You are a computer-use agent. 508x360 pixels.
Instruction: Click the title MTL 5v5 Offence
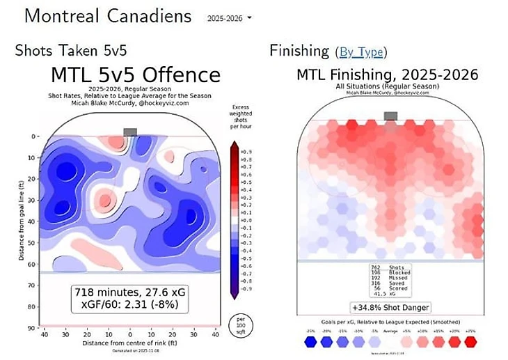tap(136, 75)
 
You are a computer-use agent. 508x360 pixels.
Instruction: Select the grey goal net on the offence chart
tap(130, 132)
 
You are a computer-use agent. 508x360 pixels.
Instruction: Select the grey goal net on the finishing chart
tap(390, 116)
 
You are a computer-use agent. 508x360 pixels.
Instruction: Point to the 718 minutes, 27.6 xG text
tap(131, 293)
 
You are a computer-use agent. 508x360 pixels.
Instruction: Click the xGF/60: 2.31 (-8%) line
tap(131, 305)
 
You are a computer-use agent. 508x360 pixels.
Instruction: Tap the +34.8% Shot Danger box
tap(390, 307)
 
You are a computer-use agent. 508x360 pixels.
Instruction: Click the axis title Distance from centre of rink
tap(130, 343)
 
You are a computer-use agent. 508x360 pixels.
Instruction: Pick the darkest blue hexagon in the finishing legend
tap(309, 342)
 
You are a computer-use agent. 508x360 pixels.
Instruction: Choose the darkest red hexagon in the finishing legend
tap(471, 342)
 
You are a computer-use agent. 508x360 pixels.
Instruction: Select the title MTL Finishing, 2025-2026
tap(388, 74)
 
